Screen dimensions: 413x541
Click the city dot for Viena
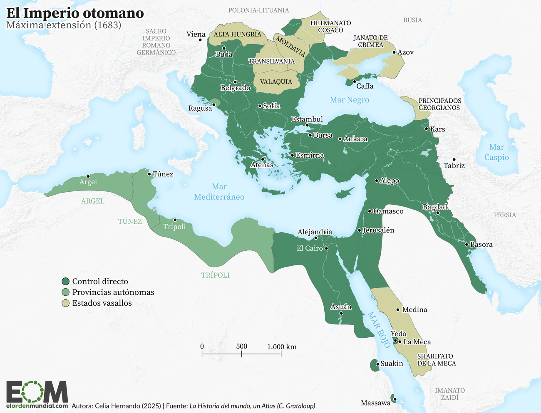(200, 40)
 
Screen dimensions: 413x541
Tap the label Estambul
(307, 119)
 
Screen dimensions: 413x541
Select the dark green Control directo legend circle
(65, 282)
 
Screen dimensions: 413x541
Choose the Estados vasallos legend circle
(65, 303)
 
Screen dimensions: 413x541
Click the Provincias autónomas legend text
(113, 292)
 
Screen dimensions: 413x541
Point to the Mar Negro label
(349, 100)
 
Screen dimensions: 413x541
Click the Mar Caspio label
(496, 152)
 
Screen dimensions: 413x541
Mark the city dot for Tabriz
(454, 160)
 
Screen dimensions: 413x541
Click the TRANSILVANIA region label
(271, 61)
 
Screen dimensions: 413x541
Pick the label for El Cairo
(310, 248)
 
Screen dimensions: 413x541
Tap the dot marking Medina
(398, 309)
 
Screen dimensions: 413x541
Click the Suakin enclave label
(392, 364)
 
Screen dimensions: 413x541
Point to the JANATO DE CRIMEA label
(370, 41)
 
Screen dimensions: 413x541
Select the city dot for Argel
(88, 176)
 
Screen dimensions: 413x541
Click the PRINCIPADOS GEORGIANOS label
(439, 104)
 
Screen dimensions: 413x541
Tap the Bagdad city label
(435, 207)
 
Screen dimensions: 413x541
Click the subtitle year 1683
(107, 25)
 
